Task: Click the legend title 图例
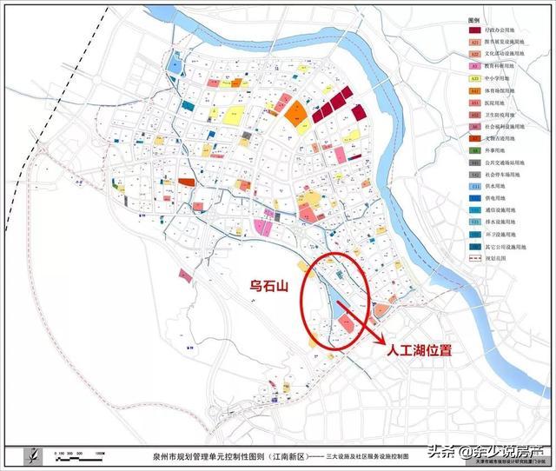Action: click(474, 17)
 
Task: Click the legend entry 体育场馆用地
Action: click(503, 90)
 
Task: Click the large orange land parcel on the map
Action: click(296, 113)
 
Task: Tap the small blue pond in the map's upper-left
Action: click(174, 63)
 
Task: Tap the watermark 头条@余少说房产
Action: click(479, 451)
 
